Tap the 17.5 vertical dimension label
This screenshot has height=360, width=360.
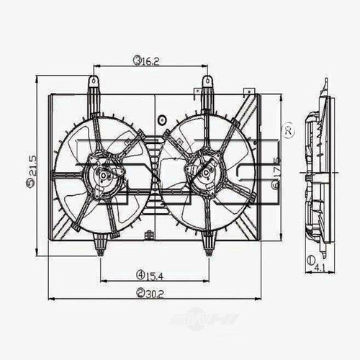coord(276,171)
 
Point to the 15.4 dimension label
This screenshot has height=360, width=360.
coord(153,274)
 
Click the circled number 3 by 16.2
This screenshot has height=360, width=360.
coord(136,61)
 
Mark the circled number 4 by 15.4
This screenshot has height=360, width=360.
coord(138,274)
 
